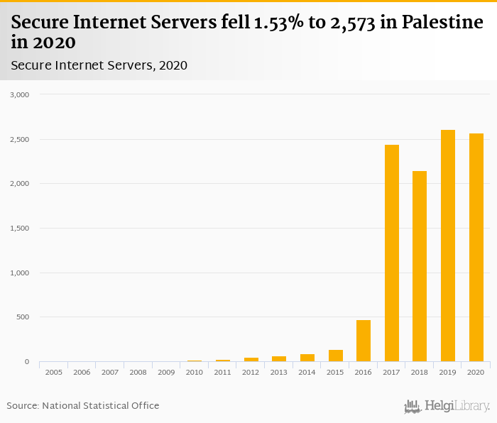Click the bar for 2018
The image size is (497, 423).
coord(420,266)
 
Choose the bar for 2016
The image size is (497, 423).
coord(364,341)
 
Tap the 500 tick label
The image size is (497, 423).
coord(23,317)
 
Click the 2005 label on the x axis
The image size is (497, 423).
coord(54,372)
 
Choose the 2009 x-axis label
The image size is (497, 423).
coord(166,372)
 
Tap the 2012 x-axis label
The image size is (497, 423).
coord(251,372)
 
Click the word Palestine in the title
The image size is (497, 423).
coord(432,23)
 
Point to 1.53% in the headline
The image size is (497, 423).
coord(278,23)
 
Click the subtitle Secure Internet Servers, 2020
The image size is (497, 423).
coord(99,66)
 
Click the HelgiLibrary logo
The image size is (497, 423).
coord(447,407)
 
